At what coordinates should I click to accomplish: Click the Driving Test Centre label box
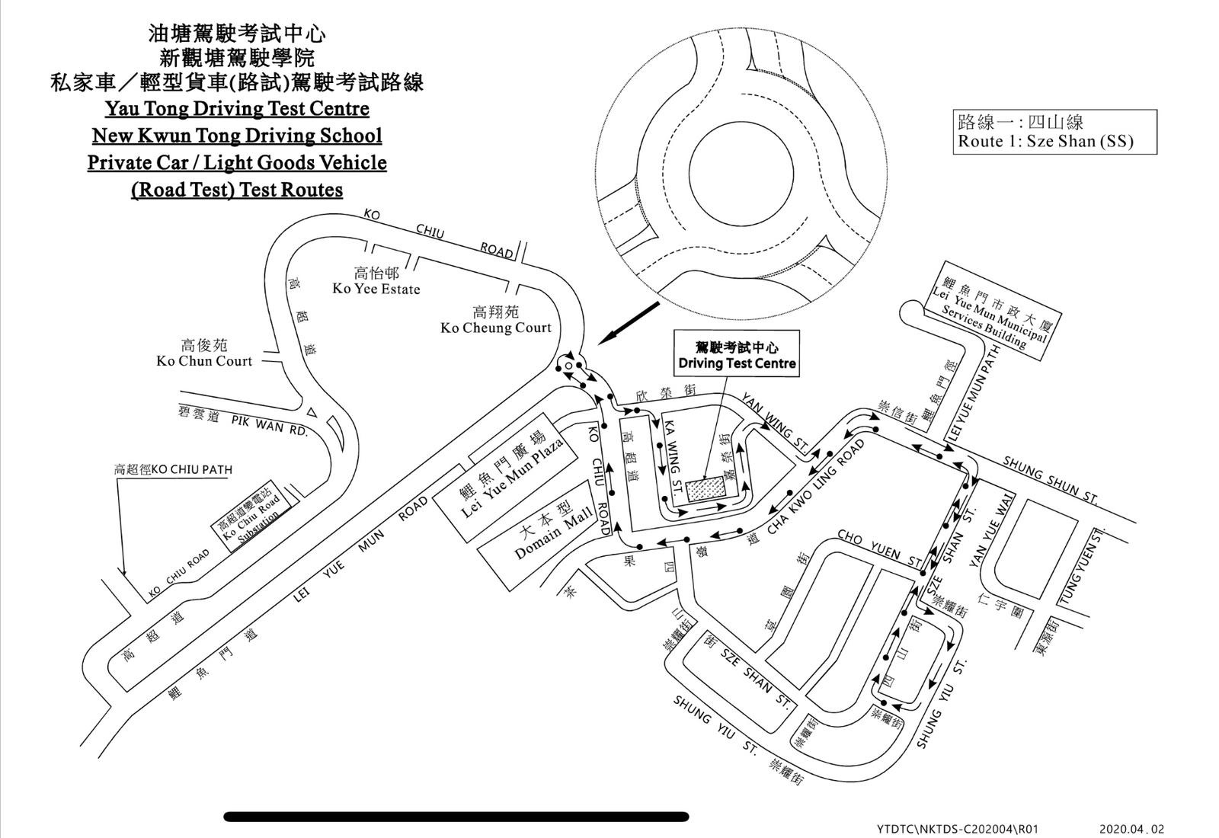coord(737,353)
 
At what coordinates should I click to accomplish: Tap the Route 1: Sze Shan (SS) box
coord(1055,132)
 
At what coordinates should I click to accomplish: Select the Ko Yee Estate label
coord(376,281)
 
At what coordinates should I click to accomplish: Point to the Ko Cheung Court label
coord(496,320)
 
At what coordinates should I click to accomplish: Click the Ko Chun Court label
coord(204,353)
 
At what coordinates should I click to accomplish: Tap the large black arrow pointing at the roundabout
coord(629,323)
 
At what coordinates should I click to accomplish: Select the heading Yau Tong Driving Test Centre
coord(237,108)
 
